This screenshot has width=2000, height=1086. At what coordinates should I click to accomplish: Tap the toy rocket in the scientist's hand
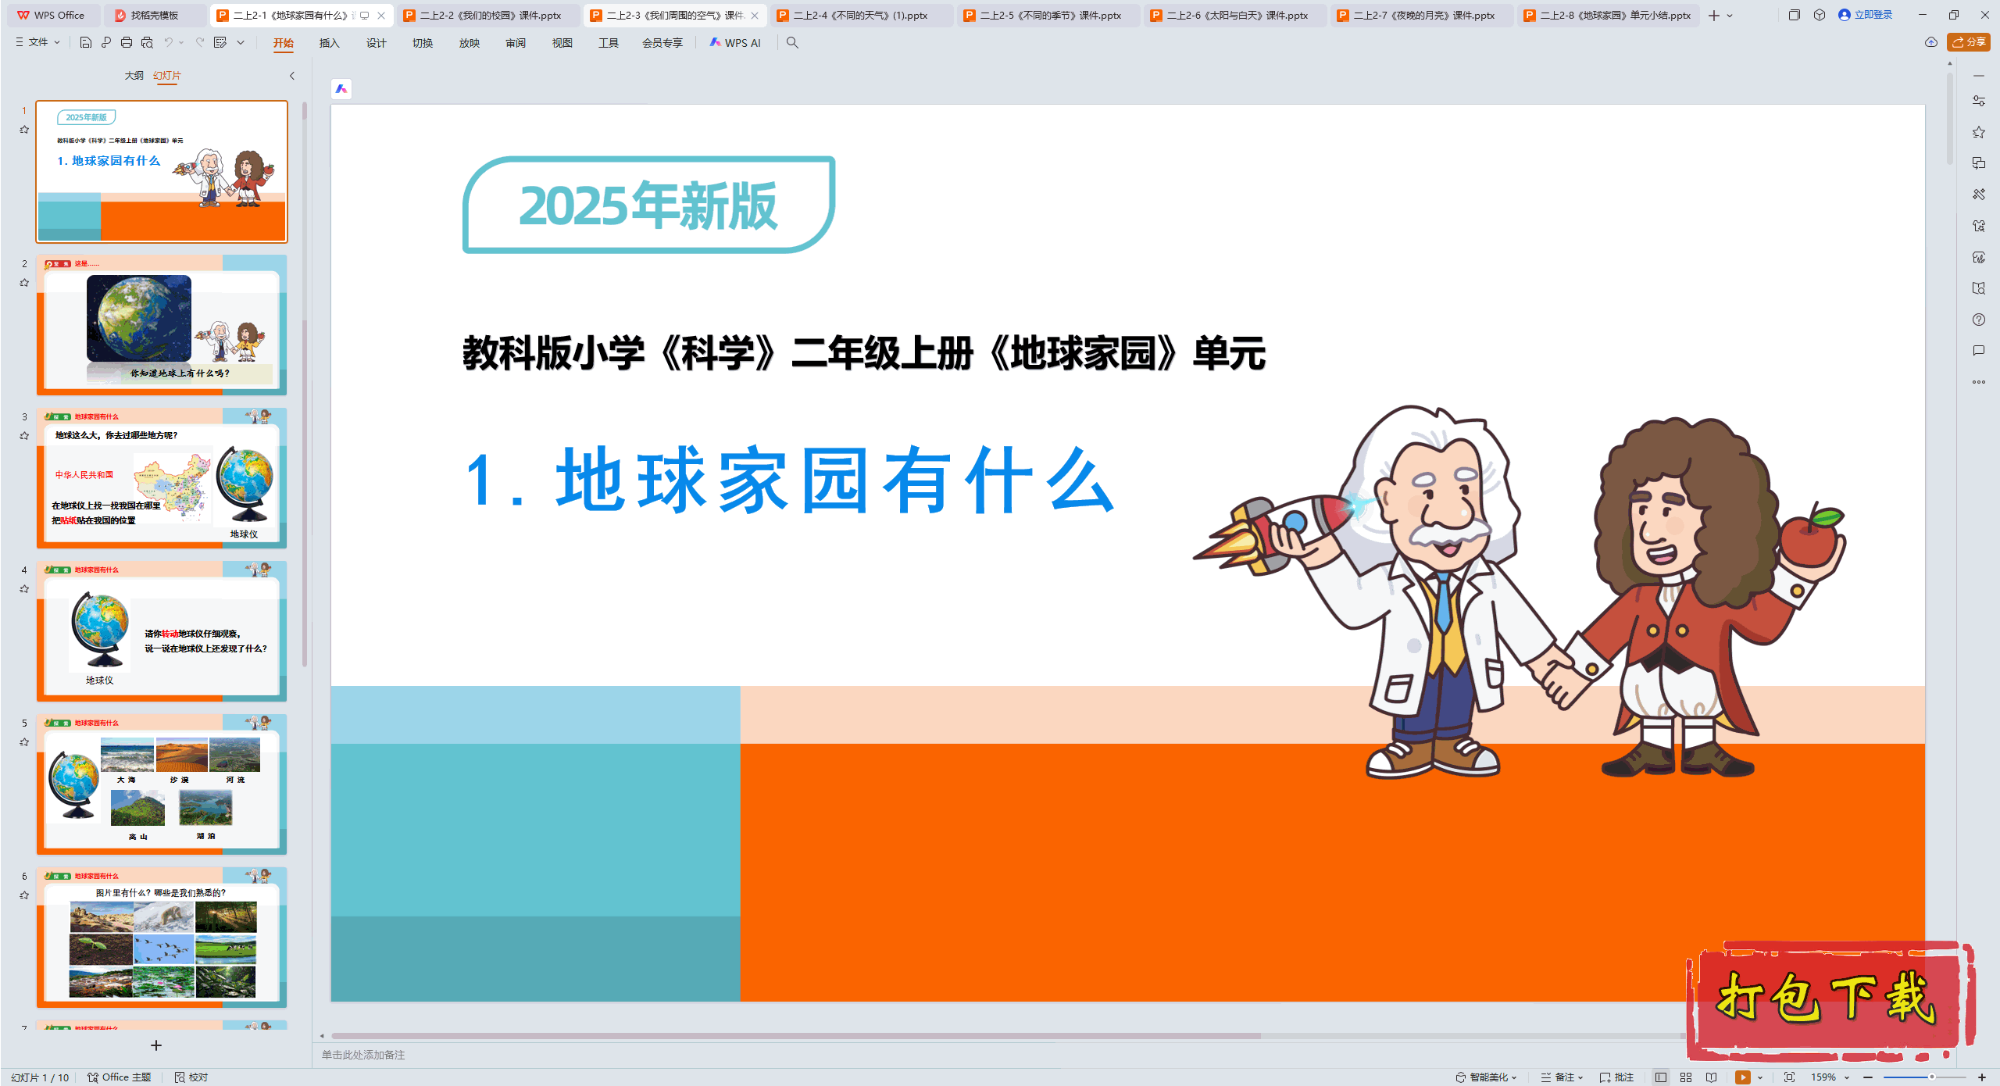coord(1281,530)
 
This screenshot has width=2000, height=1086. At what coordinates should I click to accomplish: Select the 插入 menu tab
coord(329,43)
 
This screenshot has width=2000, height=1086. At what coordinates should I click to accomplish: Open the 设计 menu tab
coord(376,43)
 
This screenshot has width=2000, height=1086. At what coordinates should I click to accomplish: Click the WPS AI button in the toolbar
coord(735,43)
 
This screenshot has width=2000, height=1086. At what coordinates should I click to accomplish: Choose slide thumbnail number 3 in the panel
coord(162,477)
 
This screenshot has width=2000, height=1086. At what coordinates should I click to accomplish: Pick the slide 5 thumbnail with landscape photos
coord(162,784)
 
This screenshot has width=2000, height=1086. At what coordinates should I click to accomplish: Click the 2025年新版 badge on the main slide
coord(648,205)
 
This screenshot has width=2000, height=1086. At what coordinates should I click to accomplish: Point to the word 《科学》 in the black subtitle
coord(718,353)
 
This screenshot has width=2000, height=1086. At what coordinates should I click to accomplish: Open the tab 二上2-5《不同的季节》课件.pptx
coord(1049,16)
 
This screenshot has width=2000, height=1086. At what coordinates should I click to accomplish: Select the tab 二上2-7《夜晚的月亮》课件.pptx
coord(1423,16)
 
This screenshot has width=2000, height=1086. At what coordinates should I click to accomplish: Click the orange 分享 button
coord(1969,42)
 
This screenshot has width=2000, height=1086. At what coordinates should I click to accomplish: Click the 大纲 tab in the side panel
coord(134,76)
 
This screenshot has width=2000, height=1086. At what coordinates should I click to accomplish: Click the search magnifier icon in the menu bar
coord(792,43)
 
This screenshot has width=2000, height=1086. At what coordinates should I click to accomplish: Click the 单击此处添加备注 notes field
coord(363,1055)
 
